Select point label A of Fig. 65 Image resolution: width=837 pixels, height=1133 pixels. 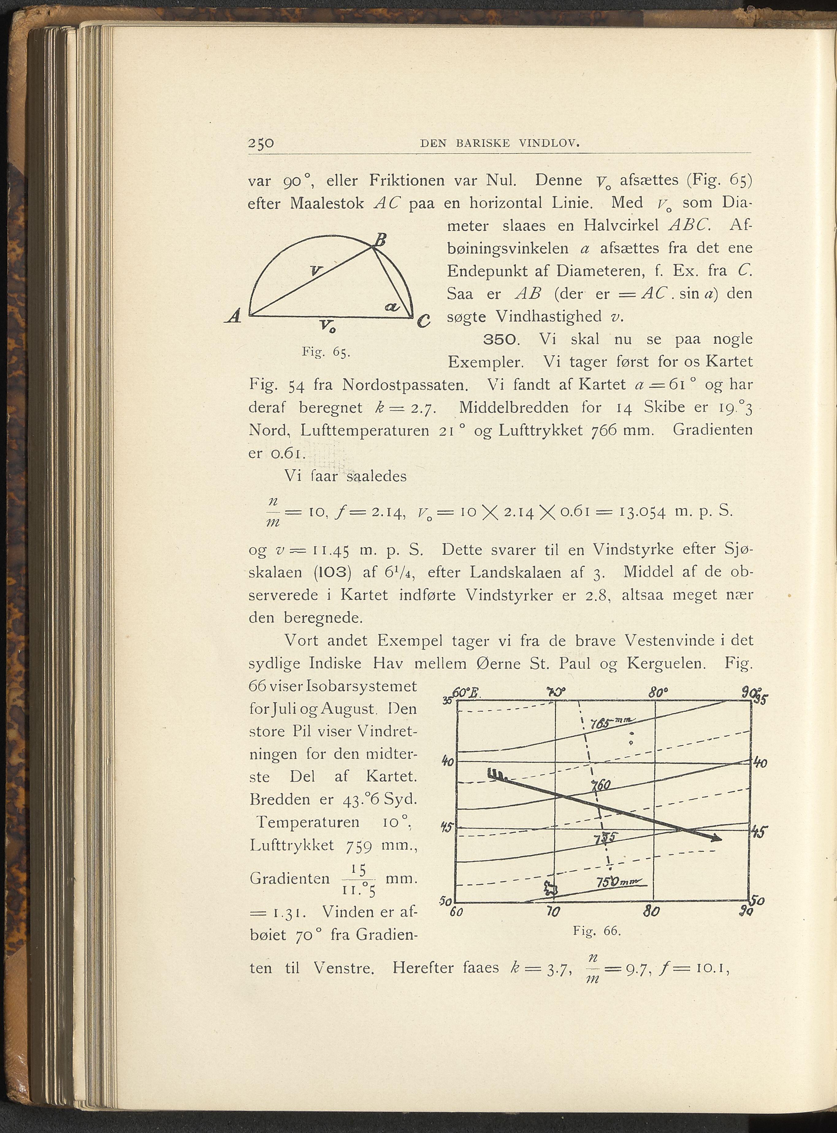click(x=234, y=317)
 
